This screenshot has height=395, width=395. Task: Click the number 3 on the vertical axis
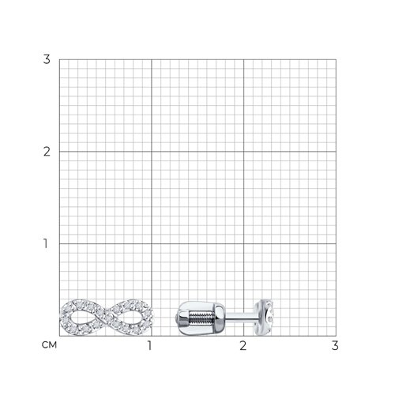[x=47, y=59]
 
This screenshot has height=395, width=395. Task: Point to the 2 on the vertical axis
[x=47, y=152]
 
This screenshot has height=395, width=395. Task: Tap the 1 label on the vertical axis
[x=46, y=243]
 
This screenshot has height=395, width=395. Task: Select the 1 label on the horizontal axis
[x=149, y=345]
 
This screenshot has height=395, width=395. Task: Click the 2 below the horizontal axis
[x=243, y=345]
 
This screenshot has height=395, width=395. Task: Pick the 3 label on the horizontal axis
[x=335, y=345]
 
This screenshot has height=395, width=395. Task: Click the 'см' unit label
[x=49, y=344]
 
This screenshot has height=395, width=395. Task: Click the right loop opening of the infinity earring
[x=129, y=318]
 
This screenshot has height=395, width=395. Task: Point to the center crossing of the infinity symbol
[x=105, y=317]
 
